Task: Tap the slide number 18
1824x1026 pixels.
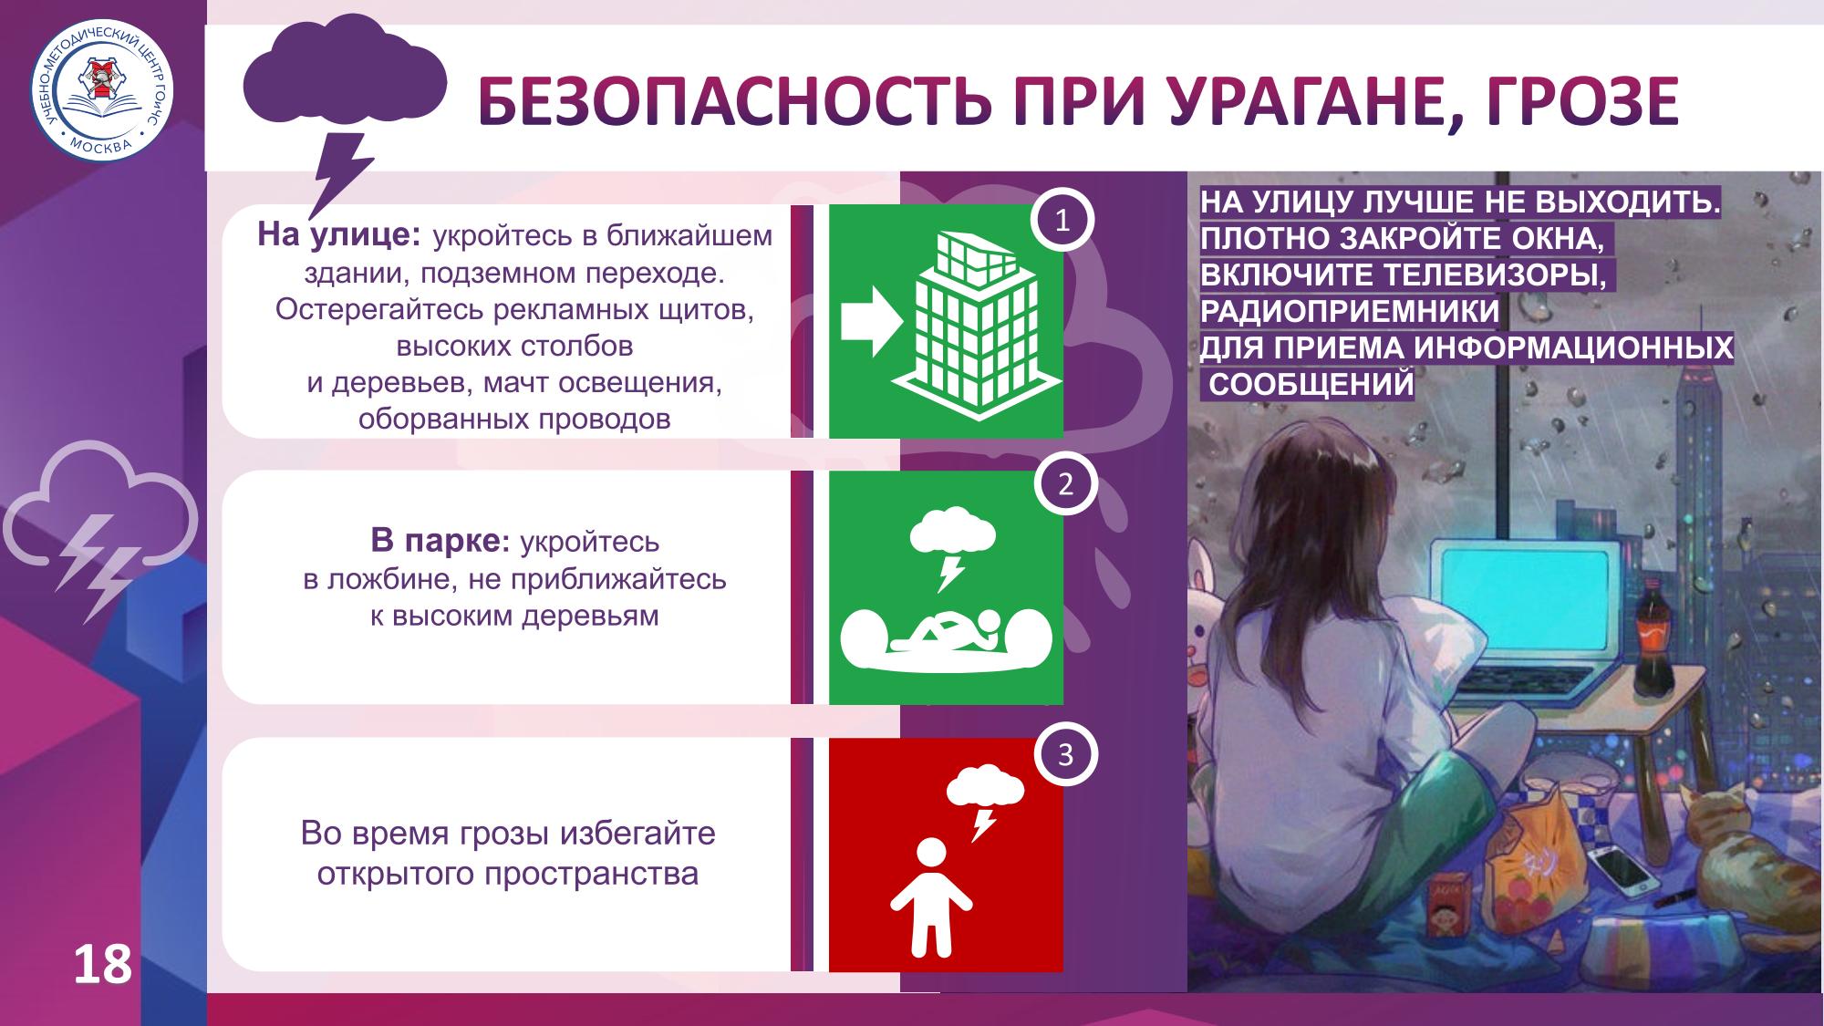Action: tap(102, 965)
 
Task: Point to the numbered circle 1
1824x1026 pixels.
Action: tap(1062, 222)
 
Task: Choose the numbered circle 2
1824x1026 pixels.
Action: tap(1065, 484)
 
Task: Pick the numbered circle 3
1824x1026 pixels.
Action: tap(1065, 755)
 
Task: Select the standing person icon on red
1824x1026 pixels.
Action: tap(931, 896)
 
